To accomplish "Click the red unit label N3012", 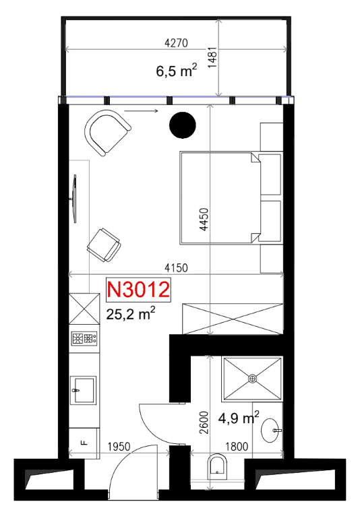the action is [138, 289].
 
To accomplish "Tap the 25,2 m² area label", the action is [131, 313].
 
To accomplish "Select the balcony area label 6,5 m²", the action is [177, 70].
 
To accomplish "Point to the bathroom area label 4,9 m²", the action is [239, 417].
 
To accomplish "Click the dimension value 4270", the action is [176, 43].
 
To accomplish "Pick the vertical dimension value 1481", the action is [212, 57].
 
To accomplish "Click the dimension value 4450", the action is [204, 220].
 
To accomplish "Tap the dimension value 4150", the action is [176, 268].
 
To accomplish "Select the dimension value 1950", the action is [119, 447].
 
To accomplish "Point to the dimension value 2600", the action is [204, 422].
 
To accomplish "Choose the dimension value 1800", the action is [237, 447].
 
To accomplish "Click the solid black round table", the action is [183, 125].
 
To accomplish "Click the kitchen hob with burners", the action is [84, 339].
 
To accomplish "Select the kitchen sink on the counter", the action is [84, 389].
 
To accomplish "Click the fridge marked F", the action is [84, 443].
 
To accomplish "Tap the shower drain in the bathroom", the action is [252, 379].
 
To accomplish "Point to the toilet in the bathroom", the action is [217, 466].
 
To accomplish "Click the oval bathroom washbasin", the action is [270, 431].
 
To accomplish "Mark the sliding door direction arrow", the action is [141, 111].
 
